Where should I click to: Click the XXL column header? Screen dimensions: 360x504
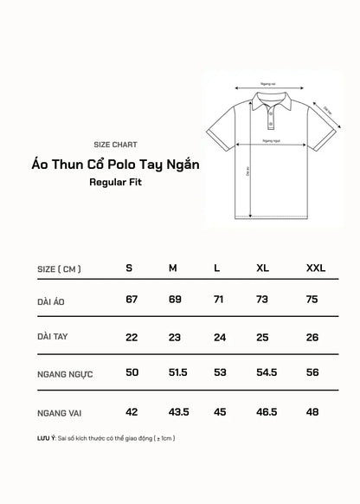tap(316, 268)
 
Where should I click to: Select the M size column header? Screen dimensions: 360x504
tap(173, 268)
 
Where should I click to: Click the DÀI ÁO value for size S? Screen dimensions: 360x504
tap(132, 299)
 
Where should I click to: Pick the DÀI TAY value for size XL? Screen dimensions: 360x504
tap(263, 336)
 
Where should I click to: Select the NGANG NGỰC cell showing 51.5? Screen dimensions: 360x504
tap(177, 373)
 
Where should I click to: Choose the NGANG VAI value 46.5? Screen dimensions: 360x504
tap(266, 411)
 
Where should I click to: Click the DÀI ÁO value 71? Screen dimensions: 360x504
tap(219, 299)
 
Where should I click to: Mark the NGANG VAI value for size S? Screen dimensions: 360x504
tap(132, 411)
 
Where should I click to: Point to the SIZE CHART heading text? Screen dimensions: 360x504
tap(114, 144)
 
